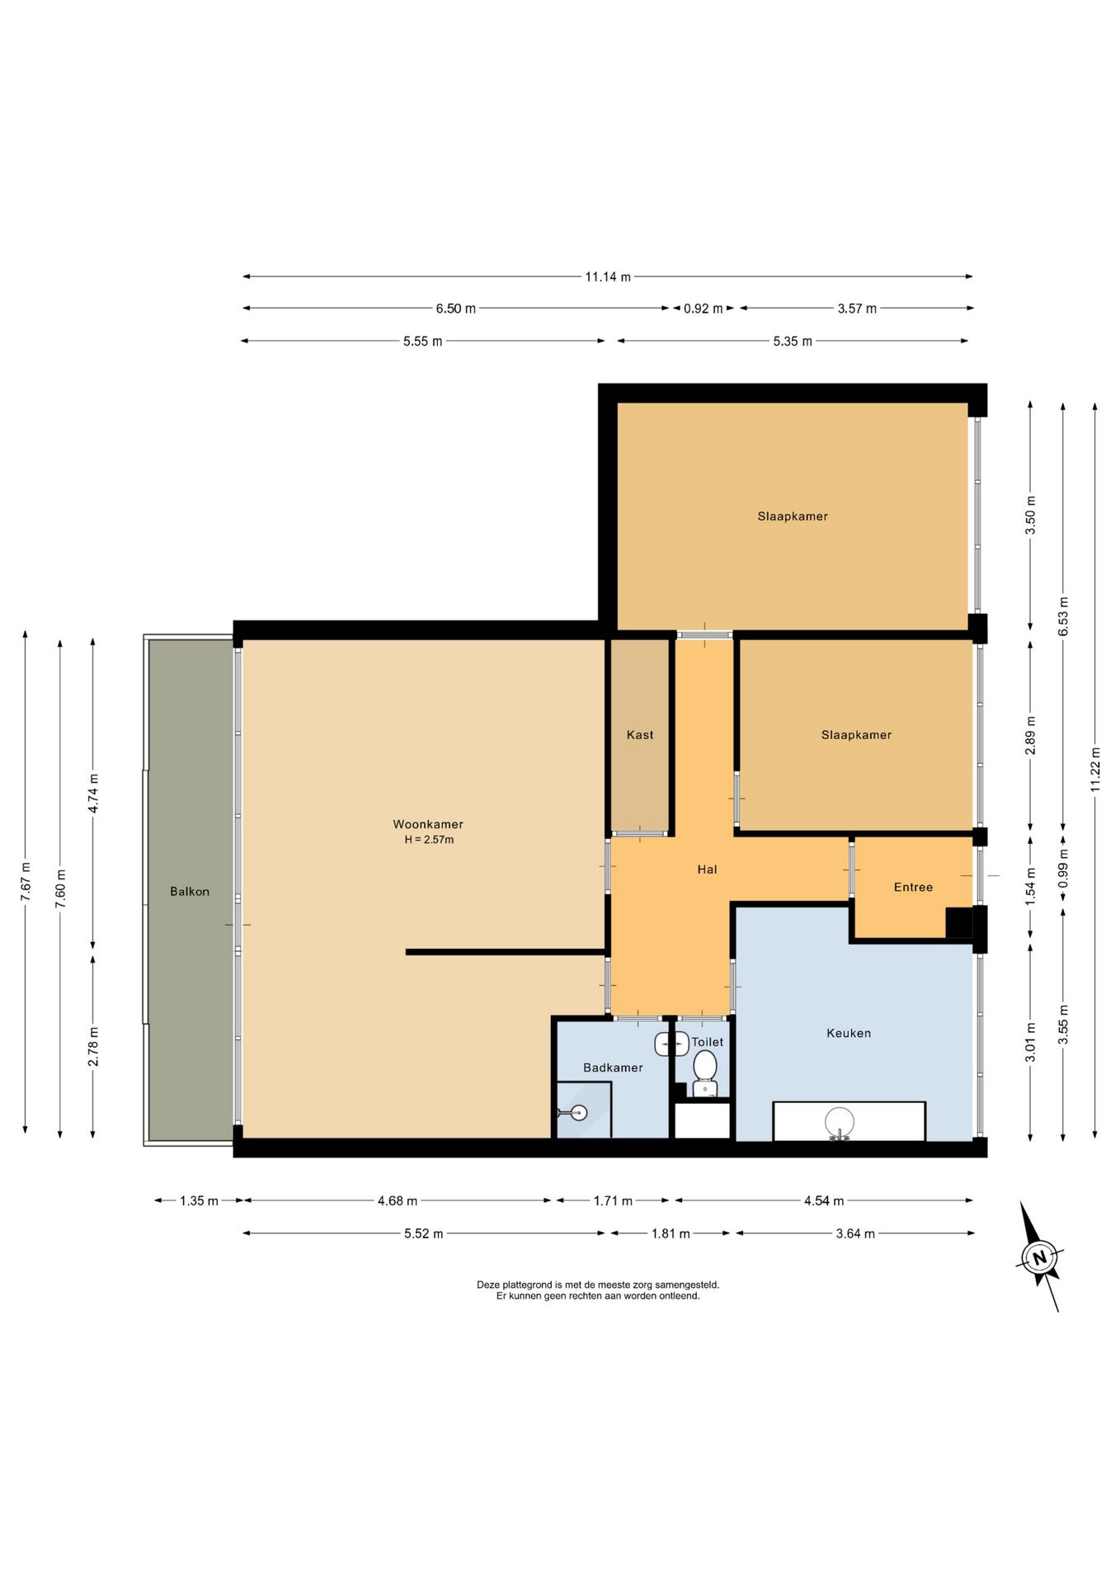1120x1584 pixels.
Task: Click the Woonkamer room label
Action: pos(427,824)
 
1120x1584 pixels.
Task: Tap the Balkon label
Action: pos(190,892)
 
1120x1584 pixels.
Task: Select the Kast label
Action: pos(640,735)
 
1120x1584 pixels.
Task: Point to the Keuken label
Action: pos(849,1033)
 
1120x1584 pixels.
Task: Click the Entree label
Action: pos(913,888)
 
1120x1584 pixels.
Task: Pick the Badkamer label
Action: pos(613,1068)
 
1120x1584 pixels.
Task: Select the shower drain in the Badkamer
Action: pos(579,1113)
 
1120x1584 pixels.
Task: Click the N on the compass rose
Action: pos(1039,1258)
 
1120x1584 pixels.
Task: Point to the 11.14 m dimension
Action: pos(608,277)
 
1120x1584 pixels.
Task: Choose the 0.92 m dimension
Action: pos(703,309)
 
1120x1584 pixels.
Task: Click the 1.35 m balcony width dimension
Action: pos(199,1201)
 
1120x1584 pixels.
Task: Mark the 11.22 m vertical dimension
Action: pos(1095,770)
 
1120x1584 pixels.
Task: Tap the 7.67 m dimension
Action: pos(26,883)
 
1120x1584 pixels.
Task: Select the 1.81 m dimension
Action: pos(671,1234)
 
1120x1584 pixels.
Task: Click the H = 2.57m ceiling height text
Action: pos(429,840)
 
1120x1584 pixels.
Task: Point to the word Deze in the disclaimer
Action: pos(487,1285)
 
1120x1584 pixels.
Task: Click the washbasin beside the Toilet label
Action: pos(671,1044)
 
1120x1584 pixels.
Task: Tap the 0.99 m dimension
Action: pos(1063,870)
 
